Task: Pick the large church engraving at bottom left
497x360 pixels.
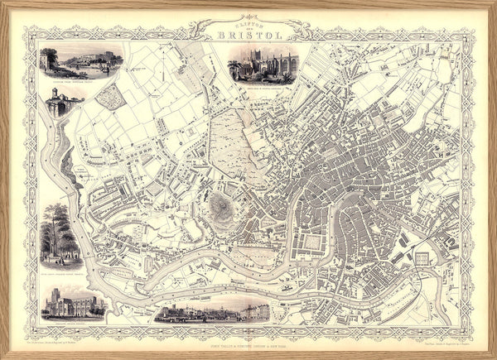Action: point(74,304)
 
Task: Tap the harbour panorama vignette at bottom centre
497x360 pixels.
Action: point(212,310)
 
